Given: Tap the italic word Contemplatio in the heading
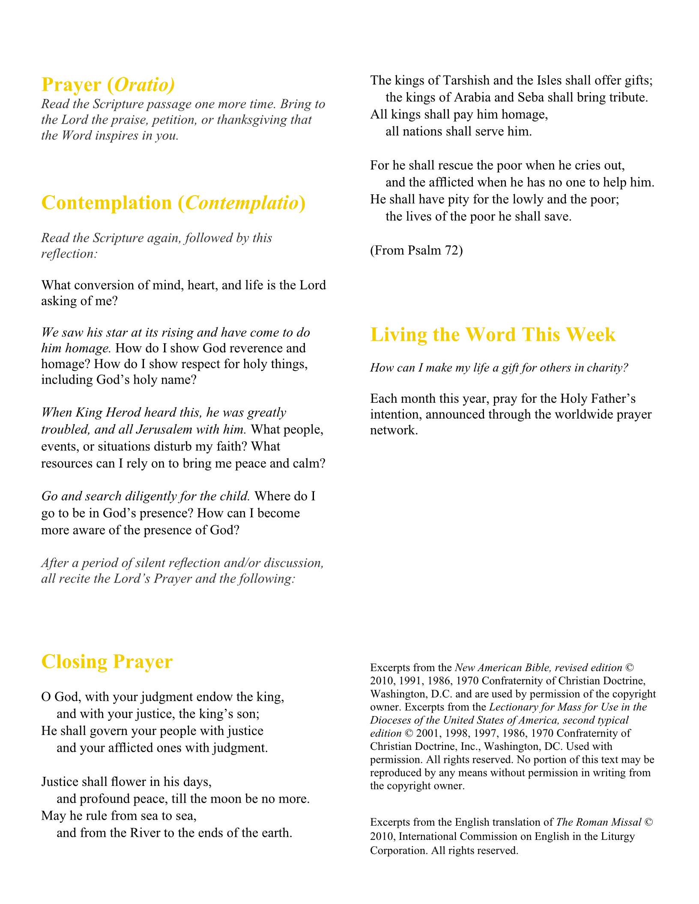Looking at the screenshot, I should [242, 203].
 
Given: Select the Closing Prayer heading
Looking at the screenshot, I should [107, 662].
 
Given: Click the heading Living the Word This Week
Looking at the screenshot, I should [493, 335].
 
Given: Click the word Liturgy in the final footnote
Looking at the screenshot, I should [616, 836].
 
